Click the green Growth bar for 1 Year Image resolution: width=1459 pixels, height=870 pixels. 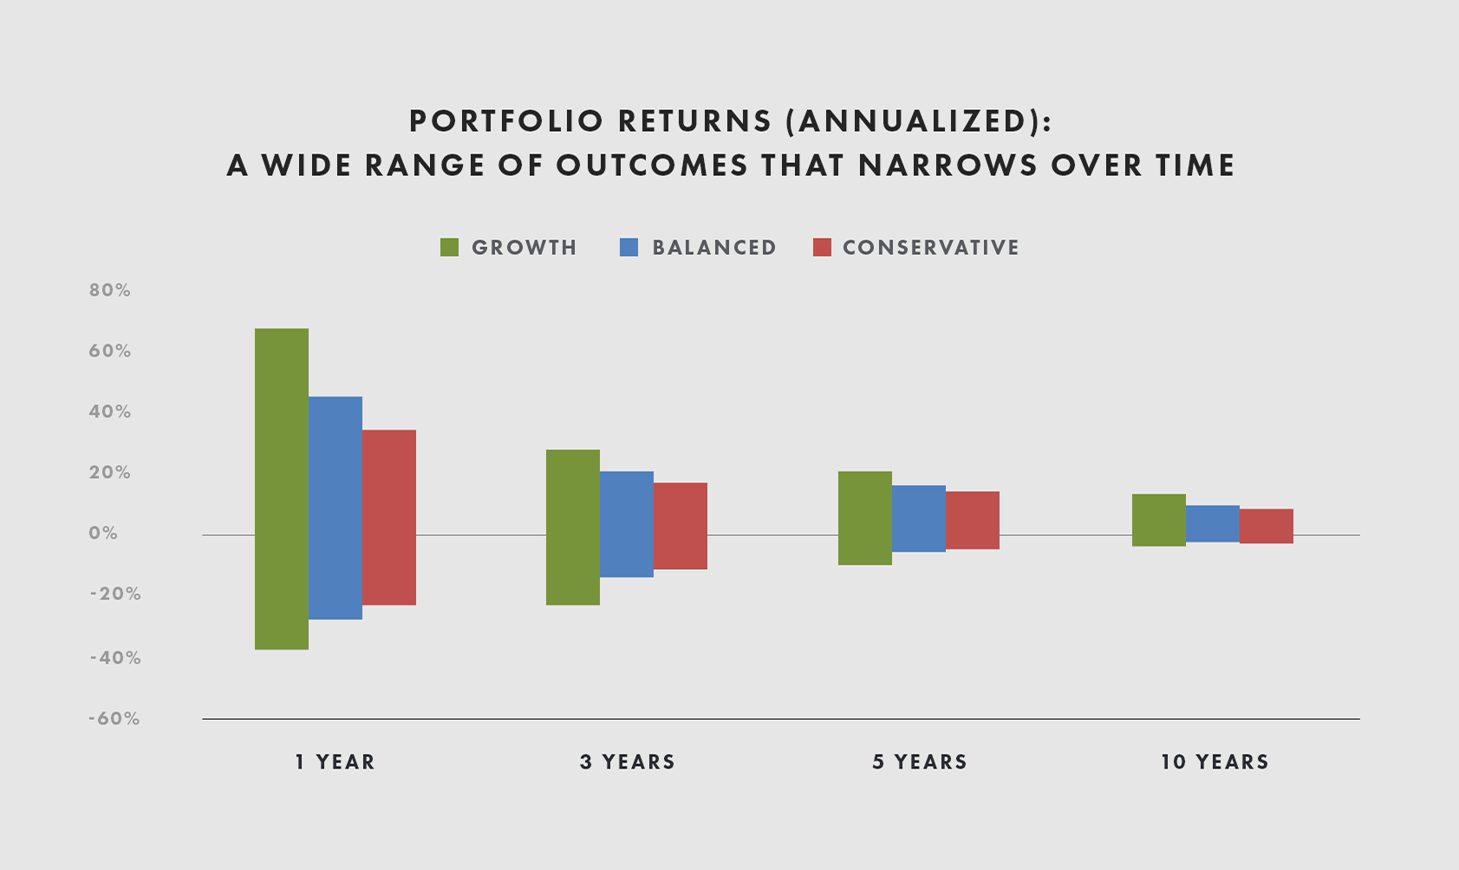coord(282,488)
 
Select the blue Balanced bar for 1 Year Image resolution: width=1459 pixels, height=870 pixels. coord(335,507)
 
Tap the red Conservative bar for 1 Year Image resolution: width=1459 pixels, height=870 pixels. coord(389,517)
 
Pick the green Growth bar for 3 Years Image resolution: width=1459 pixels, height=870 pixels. coord(573,527)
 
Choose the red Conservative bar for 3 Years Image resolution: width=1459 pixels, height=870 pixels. coord(681,526)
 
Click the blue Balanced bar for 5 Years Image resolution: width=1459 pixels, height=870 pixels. coord(919,518)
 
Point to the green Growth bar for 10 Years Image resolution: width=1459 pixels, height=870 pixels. coord(1159,520)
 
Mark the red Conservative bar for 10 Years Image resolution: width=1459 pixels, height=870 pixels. coord(1267,526)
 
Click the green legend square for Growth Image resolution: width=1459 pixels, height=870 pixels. coord(449,247)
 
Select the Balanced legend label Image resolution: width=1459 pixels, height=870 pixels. coord(713,247)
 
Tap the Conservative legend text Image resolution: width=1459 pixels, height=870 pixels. coord(930,247)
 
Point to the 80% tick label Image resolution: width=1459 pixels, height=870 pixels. coord(110,291)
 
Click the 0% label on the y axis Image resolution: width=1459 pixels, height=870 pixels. coord(103,533)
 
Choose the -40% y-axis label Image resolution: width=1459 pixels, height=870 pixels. coord(115,657)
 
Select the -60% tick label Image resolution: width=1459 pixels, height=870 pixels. coord(114,719)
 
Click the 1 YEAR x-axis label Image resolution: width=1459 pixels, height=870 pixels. coord(335,762)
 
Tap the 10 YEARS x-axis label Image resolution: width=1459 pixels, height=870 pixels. coord(1215,762)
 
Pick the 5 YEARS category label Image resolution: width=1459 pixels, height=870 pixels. coord(920,762)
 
